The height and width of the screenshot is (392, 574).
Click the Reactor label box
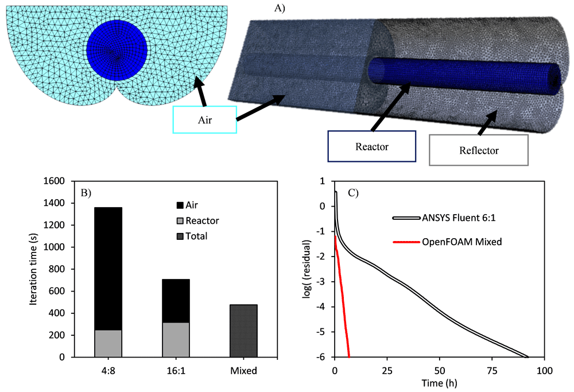point(371,146)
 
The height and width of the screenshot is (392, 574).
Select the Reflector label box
point(479,150)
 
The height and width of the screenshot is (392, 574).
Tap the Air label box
point(205,120)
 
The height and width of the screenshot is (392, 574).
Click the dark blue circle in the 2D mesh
point(117,50)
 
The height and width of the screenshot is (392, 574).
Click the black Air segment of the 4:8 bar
point(108,269)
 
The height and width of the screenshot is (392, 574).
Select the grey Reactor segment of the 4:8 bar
point(108,344)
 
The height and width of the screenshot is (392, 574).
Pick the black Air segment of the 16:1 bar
point(176,301)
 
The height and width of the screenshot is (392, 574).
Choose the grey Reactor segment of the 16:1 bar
point(176,340)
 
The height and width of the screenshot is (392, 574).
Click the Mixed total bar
point(243,331)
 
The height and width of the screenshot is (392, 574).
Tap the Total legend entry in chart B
point(192,236)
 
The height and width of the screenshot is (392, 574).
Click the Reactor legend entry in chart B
point(197,221)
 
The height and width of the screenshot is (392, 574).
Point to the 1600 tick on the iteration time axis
point(54,181)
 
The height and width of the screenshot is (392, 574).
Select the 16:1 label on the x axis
point(176,371)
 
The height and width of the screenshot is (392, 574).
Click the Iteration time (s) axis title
point(33,269)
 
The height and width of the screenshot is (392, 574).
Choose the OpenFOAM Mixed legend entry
point(447,242)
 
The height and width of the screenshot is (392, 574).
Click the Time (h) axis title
point(439,383)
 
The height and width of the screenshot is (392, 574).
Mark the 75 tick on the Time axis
point(492,371)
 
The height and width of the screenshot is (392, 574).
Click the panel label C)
point(353,193)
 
